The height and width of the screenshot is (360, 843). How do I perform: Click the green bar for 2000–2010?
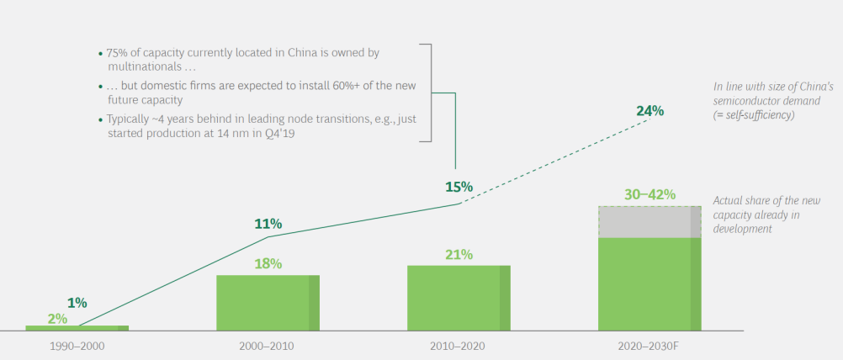coord(268,302)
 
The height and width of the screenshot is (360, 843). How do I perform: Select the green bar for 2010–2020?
coord(459,298)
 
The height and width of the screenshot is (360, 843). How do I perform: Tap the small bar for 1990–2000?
coord(77,328)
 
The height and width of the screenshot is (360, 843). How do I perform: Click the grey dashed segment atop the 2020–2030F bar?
coord(649,222)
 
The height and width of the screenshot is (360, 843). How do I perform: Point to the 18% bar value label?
coord(268,263)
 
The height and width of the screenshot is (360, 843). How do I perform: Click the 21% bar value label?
coord(459,254)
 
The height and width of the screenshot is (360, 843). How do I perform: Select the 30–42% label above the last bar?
coord(649,194)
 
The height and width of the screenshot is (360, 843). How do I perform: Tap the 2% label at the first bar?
coord(57,319)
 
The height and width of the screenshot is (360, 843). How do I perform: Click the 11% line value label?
coord(268,224)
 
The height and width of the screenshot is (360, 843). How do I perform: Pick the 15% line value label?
coord(459,187)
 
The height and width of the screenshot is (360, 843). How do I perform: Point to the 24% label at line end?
coord(649,110)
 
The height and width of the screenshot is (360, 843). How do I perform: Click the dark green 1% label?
coord(77,303)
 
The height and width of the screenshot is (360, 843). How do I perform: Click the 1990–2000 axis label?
coord(77,346)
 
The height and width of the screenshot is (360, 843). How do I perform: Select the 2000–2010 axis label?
coord(268,346)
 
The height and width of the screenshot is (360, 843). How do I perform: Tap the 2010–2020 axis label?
coord(459,346)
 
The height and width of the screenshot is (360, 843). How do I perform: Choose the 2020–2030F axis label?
coord(649,346)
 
